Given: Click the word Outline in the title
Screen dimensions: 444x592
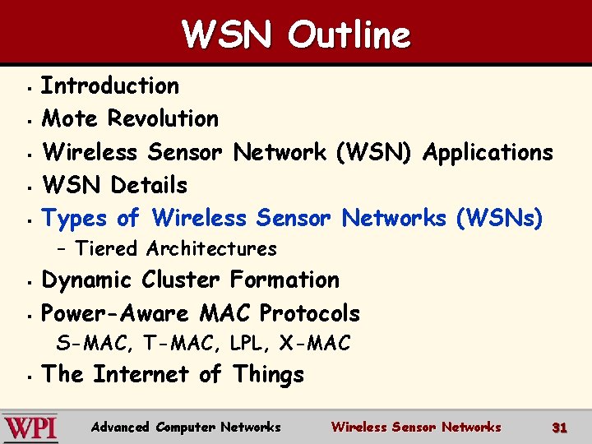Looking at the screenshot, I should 349,35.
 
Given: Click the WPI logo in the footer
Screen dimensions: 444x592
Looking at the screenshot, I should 30,428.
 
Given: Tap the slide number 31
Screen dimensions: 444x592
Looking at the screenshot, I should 560,428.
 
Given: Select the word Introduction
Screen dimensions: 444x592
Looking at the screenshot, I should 110,86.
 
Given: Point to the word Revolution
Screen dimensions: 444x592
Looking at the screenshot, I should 164,118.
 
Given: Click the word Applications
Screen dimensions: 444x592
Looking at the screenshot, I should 488,152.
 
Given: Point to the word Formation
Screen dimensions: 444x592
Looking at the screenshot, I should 284,280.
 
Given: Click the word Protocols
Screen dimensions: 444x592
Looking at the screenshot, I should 309,313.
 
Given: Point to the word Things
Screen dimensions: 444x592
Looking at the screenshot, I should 268,375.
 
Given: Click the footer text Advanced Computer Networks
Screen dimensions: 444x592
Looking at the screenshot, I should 186,428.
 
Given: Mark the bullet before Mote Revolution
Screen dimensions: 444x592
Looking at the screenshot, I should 29,121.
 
